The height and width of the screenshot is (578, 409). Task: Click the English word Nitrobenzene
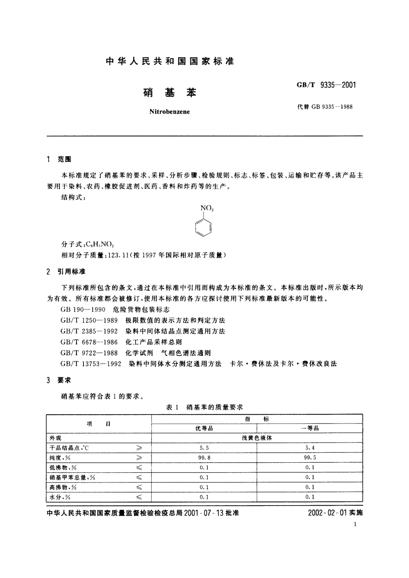click(170, 112)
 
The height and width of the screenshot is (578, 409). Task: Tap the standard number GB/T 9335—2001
click(326, 85)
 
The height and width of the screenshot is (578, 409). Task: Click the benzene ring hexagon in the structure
click(203, 228)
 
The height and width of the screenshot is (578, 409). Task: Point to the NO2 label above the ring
click(207, 208)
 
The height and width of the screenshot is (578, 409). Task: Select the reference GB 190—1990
click(83, 310)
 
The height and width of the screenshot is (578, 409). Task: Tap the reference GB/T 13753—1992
click(91, 364)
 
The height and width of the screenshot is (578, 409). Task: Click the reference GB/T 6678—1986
click(89, 342)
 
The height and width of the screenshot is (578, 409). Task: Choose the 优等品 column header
click(204, 428)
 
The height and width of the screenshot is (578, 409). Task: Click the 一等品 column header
click(310, 428)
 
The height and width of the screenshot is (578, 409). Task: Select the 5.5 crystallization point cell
click(204, 448)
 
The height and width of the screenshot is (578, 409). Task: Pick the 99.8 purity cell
click(204, 458)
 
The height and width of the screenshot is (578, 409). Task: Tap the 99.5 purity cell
click(310, 458)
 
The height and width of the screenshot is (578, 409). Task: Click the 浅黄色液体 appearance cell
click(257, 438)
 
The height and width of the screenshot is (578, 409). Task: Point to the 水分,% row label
click(60, 497)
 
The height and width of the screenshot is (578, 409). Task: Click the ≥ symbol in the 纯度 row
click(139, 458)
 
